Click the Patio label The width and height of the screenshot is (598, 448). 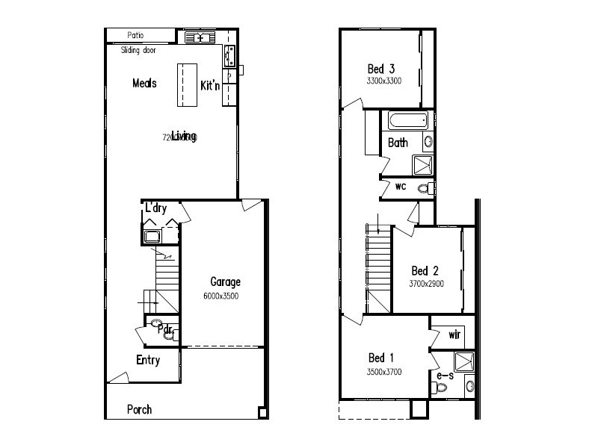click(135, 35)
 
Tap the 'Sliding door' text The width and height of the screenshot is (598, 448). click(138, 51)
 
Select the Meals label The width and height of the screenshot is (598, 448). click(144, 83)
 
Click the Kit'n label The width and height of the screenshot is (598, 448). click(210, 86)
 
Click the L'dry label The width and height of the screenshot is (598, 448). click(155, 208)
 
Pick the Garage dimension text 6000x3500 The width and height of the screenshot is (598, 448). click(222, 296)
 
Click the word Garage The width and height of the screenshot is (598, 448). click(225, 282)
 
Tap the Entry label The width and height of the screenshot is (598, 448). click(148, 361)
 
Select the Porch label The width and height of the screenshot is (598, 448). click(140, 409)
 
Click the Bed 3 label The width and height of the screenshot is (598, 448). click(381, 69)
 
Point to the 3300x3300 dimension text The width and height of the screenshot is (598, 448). click(384, 81)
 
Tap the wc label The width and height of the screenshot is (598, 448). click(401, 186)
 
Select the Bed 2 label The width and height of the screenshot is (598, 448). click(425, 270)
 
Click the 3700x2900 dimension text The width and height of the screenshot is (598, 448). click(426, 284)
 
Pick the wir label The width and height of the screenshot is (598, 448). click(454, 335)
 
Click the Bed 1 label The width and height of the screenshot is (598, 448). click(380, 358)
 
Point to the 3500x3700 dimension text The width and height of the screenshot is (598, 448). click(384, 371)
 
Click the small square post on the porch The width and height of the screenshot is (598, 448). click(262, 412)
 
